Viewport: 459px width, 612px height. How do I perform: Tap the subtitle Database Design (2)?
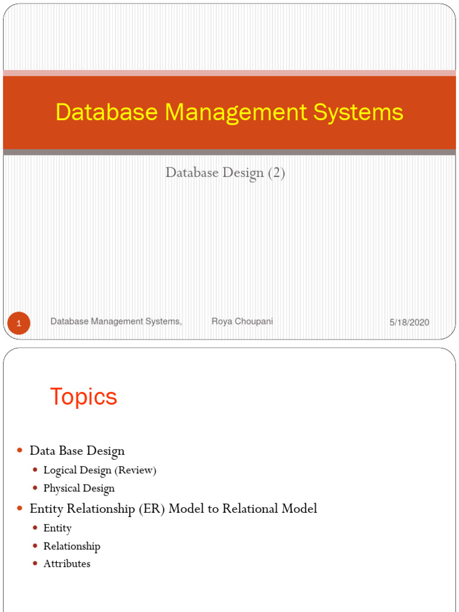(x=225, y=173)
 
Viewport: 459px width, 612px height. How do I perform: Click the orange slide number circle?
(x=19, y=323)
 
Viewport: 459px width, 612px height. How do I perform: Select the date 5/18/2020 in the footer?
(x=409, y=322)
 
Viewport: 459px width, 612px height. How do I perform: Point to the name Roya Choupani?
(x=242, y=322)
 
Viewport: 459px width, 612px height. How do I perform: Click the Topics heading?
(x=83, y=397)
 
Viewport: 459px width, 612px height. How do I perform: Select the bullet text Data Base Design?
(x=77, y=451)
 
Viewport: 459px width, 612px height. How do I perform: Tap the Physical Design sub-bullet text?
(x=79, y=488)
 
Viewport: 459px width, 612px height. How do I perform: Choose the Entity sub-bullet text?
(x=57, y=528)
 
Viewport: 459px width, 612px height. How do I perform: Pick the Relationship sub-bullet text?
(x=72, y=546)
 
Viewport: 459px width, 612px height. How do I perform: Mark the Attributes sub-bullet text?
(x=67, y=564)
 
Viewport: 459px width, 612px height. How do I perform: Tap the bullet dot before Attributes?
(x=36, y=564)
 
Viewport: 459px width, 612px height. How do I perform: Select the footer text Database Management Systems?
(x=116, y=322)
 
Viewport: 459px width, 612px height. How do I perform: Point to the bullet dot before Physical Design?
(x=36, y=488)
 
